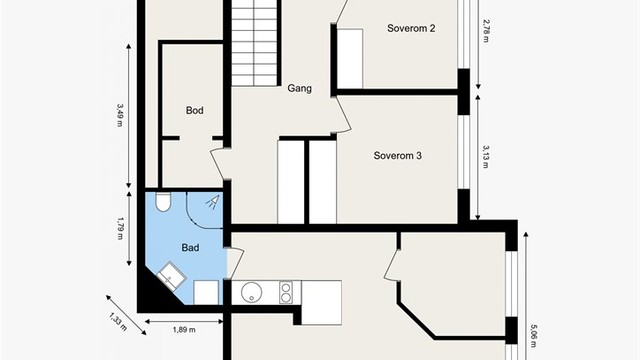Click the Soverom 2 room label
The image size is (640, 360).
click(x=411, y=28)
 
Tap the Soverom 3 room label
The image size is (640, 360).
click(x=398, y=156)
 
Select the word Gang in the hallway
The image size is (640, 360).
click(x=300, y=88)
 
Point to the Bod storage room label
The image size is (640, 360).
click(x=194, y=110)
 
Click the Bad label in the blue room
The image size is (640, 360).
click(x=190, y=248)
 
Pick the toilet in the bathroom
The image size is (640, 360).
click(x=163, y=202)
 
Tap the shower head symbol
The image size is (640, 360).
click(x=213, y=202)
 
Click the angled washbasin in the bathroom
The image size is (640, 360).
click(x=171, y=276)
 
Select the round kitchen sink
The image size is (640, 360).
click(x=251, y=292)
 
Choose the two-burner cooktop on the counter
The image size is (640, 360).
click(x=286, y=293)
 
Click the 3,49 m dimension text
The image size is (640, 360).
click(x=120, y=115)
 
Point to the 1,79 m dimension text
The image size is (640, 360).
click(x=120, y=228)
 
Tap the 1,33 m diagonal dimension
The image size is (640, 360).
click(x=118, y=322)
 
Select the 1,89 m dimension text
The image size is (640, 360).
click(x=184, y=330)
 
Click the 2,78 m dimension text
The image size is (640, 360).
click(x=486, y=31)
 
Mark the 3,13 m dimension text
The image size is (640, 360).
click(x=486, y=157)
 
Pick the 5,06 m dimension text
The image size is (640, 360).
click(x=533, y=336)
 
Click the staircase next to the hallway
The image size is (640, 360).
click(x=254, y=43)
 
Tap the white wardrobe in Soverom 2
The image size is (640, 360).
click(x=350, y=58)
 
